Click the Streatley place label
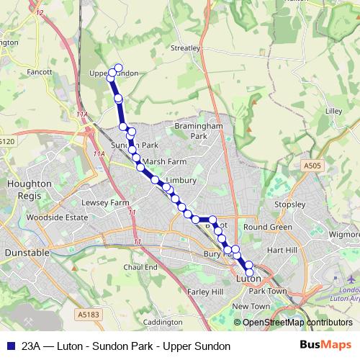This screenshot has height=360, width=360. tap(185, 48)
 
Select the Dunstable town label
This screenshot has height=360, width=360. tap(27, 253)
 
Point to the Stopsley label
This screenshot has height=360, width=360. tap(290, 204)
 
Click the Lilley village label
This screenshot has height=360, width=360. tap(333, 112)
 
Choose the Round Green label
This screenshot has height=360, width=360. tap(267, 227)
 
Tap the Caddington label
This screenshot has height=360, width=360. tap(163, 322)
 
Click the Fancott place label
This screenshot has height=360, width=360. tap(39, 72)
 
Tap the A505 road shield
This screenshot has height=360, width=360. tap(311, 166)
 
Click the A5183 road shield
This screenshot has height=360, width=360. tap(86, 314)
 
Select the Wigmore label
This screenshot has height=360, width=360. tap(344, 234)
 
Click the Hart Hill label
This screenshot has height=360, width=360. tap(282, 250)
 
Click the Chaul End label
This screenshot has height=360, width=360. tap(140, 267)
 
